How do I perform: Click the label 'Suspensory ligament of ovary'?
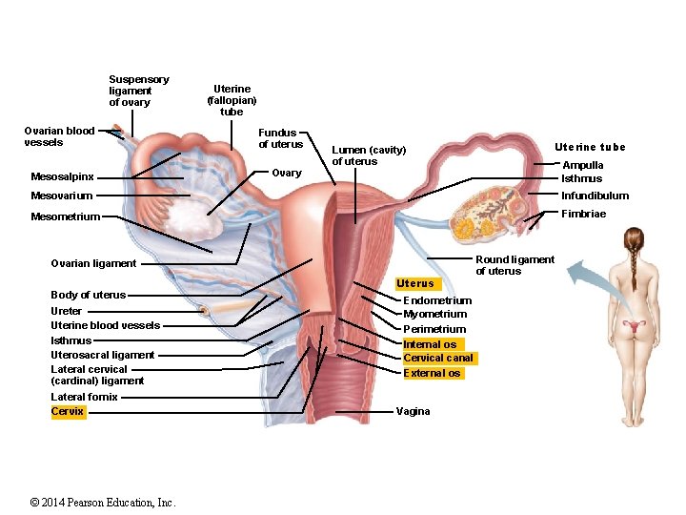pyautogui.click(x=138, y=91)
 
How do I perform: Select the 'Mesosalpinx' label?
pyautogui.click(x=62, y=176)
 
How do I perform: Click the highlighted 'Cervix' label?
pyautogui.click(x=68, y=412)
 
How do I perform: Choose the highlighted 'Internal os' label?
pyautogui.click(x=430, y=344)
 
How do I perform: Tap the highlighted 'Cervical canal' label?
pyautogui.click(x=437, y=359)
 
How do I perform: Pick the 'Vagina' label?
pyautogui.click(x=413, y=412)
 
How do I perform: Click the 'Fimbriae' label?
pyautogui.click(x=583, y=214)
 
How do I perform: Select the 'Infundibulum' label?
pyautogui.click(x=595, y=196)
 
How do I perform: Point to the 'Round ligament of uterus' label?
pyautogui.click(x=514, y=265)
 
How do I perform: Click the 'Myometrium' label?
pyautogui.click(x=434, y=314)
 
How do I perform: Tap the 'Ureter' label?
pyautogui.click(x=67, y=311)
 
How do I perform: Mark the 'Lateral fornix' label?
pyautogui.click(x=84, y=397)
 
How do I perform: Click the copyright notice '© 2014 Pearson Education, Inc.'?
pyautogui.click(x=103, y=503)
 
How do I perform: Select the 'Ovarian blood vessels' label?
pyautogui.click(x=59, y=136)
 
